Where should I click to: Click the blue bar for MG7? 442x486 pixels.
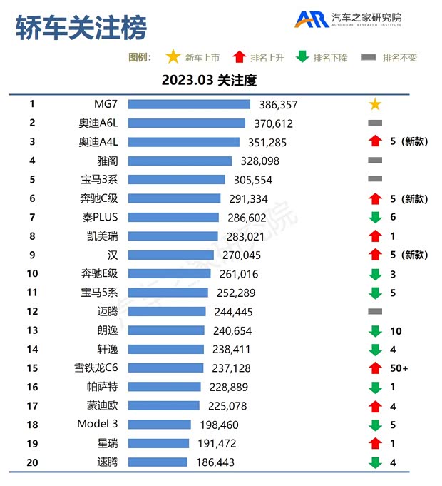(189, 104)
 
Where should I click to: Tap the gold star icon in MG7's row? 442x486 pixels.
(375, 104)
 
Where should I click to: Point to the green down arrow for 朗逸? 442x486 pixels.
(375, 330)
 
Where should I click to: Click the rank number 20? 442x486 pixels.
(32, 462)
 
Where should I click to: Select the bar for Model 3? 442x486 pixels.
(159, 425)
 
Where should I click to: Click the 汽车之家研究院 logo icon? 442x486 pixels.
(312, 19)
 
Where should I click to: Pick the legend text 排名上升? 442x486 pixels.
(269, 58)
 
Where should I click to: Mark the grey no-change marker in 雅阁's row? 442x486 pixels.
(375, 161)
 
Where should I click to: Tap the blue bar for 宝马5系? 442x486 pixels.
(168, 293)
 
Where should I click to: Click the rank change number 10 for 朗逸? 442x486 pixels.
(396, 330)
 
